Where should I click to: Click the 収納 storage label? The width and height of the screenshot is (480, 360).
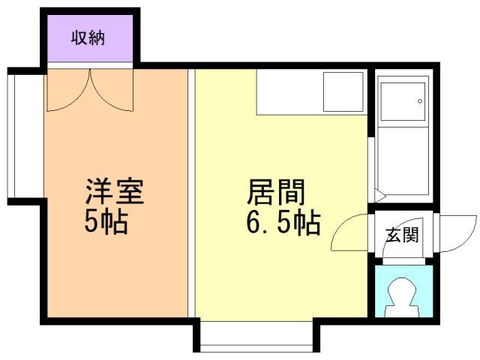pos(88,37)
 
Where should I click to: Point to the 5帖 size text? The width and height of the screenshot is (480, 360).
pos(106,223)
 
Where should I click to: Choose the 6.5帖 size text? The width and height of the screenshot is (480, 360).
pos(283,223)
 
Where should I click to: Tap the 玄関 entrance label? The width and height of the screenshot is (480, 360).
pos(402,235)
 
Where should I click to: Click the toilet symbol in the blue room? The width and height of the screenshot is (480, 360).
pos(403,297)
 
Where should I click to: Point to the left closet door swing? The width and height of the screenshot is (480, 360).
pos(67,90)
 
